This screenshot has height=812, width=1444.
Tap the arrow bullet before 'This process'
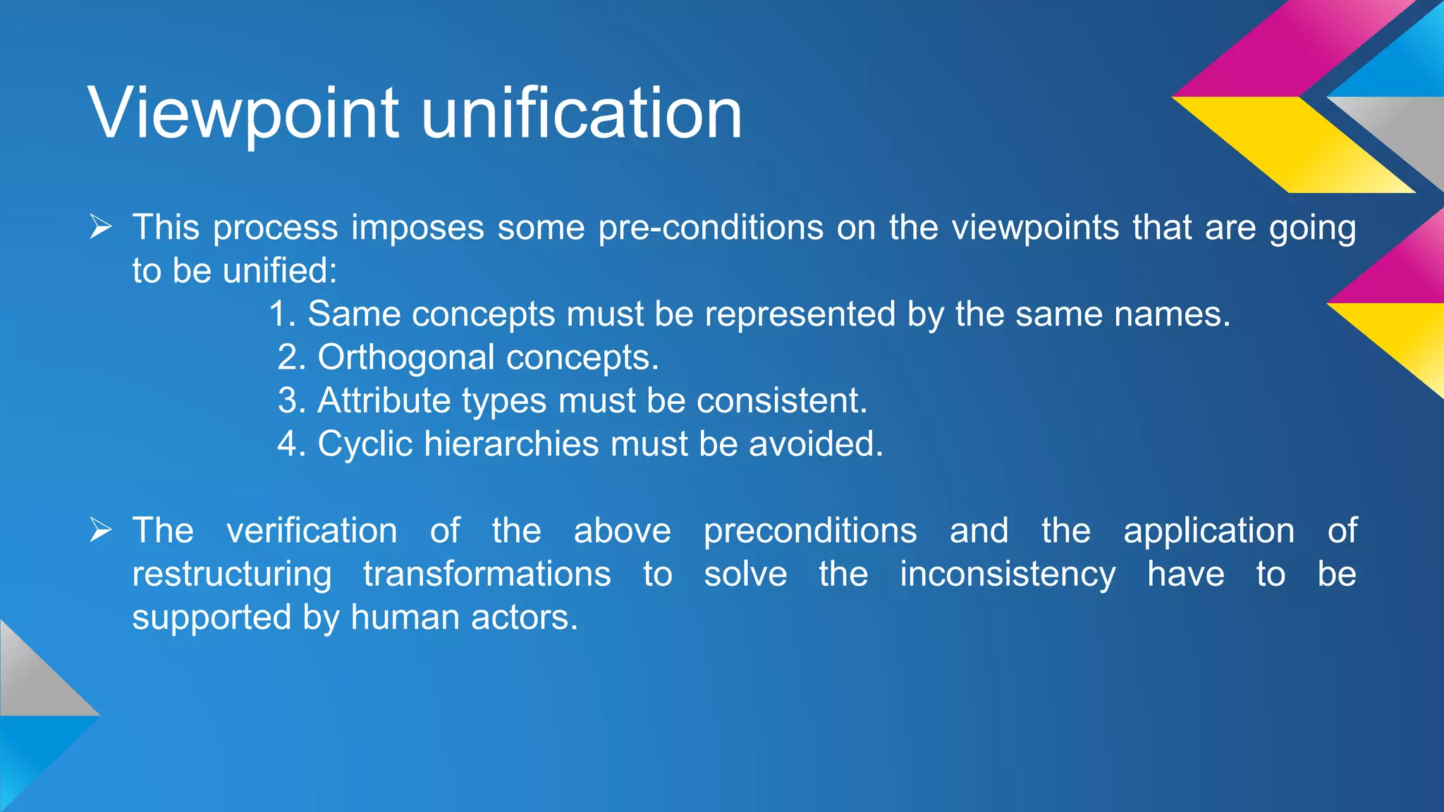point(101,228)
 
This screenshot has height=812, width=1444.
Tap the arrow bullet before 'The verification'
point(101,530)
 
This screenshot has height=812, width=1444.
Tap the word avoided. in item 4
point(816,444)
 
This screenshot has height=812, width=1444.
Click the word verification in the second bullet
point(312,530)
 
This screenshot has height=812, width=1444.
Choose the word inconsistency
point(1008,574)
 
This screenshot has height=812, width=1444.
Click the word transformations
point(487,574)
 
